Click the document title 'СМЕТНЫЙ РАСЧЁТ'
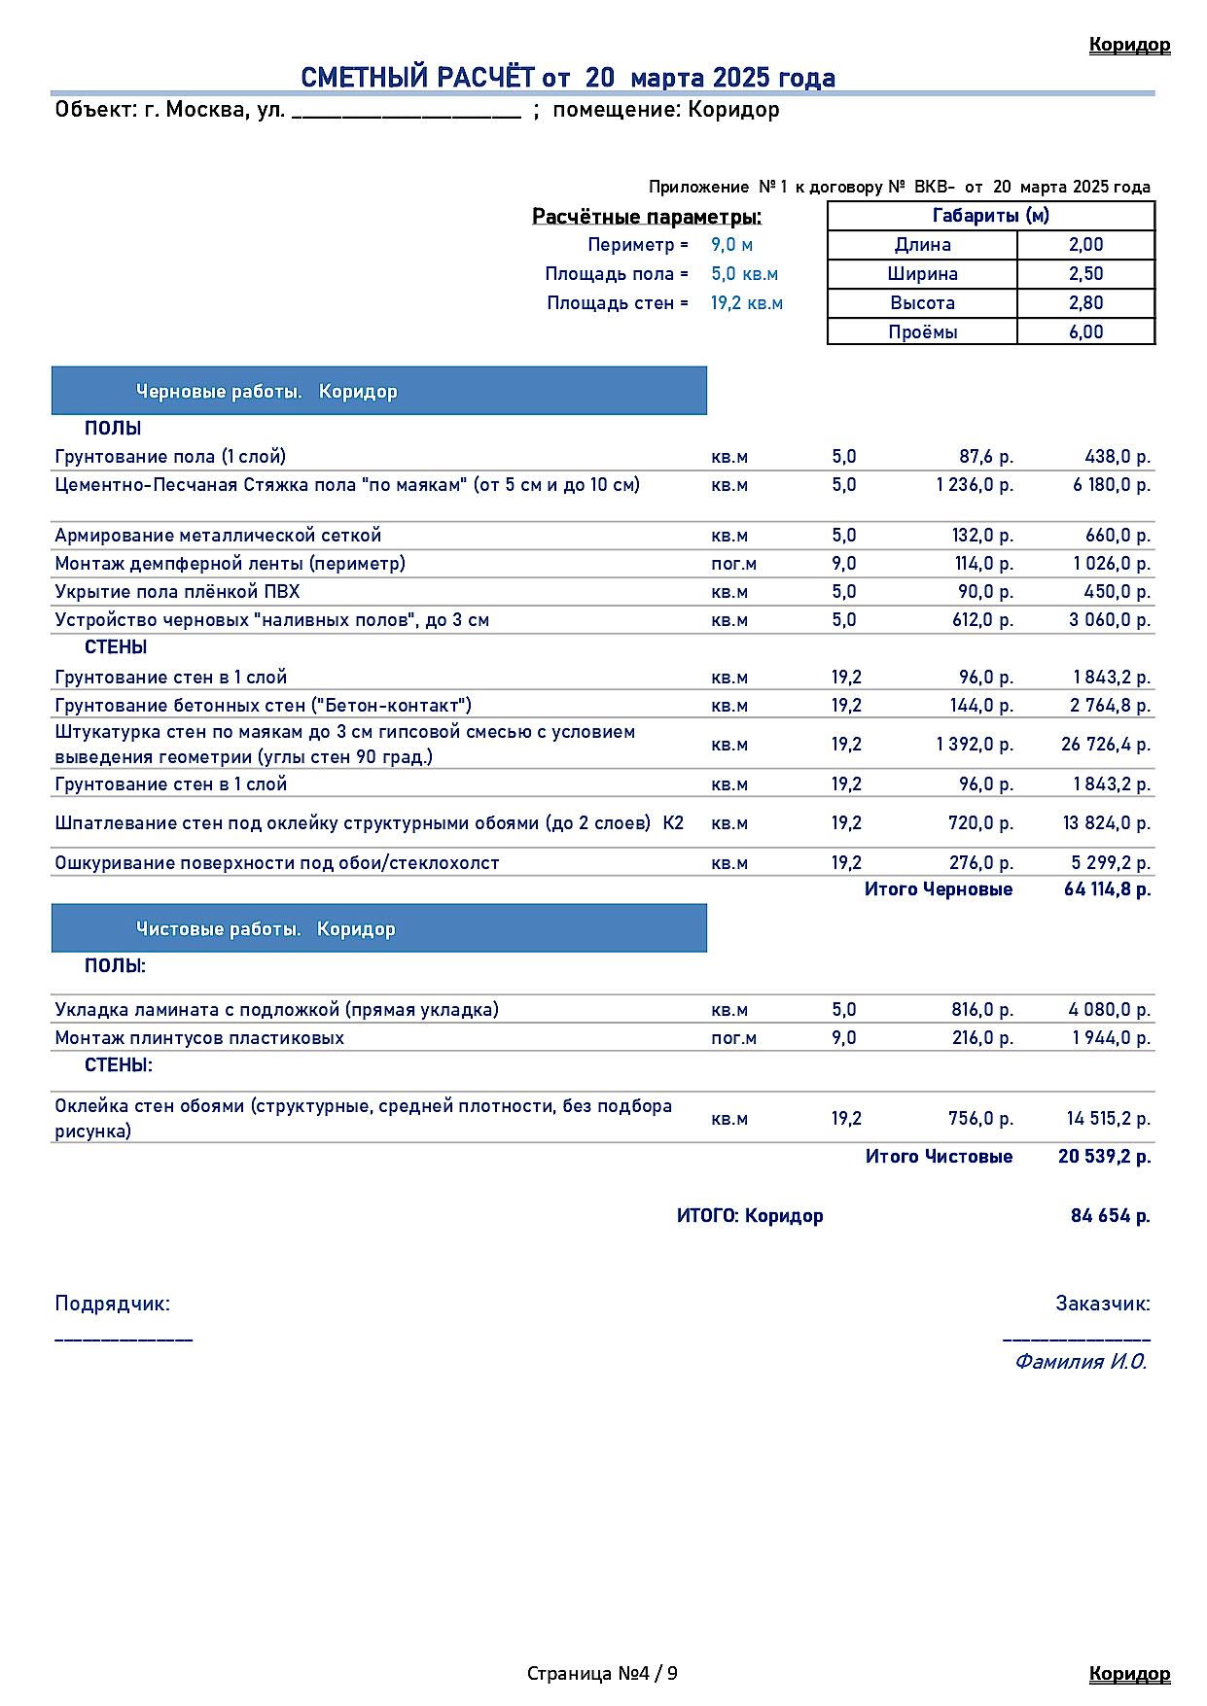click(418, 78)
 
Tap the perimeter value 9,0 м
click(731, 245)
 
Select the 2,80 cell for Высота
click(1085, 303)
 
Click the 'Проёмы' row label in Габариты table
click(922, 332)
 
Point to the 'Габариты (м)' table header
click(990, 216)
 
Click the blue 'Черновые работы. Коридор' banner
click(379, 392)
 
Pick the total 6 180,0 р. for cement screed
click(1111, 485)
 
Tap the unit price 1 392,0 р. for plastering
click(975, 745)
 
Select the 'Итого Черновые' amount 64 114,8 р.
click(1107, 889)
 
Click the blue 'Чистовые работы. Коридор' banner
click(379, 929)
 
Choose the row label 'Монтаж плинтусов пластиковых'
click(199, 1038)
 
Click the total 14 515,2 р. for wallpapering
click(1108, 1119)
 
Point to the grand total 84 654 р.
click(1110, 1216)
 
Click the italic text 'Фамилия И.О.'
click(1081, 1362)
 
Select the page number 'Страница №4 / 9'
click(602, 1673)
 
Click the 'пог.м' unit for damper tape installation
click(733, 564)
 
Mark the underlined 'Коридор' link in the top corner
click(1129, 45)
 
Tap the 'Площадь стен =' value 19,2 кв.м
click(746, 303)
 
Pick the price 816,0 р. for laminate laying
click(981, 1010)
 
